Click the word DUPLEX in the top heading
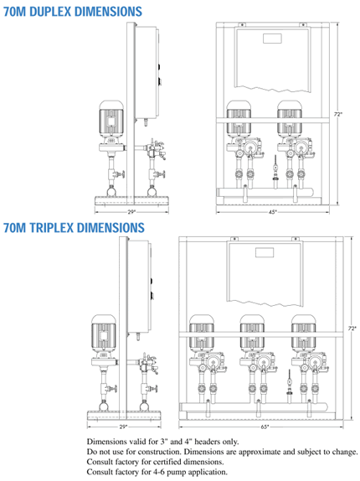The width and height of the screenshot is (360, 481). pyautogui.click(x=50, y=12)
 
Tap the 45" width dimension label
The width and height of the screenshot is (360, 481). pyautogui.click(x=272, y=212)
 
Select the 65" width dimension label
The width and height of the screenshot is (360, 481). pyautogui.click(x=265, y=427)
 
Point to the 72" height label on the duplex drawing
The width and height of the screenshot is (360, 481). pyautogui.click(x=338, y=114)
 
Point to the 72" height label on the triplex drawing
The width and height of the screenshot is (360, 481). pyautogui.click(x=352, y=328)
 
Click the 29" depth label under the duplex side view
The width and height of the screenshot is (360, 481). pyautogui.click(x=131, y=212)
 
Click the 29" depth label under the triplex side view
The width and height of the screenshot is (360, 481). pyautogui.click(x=123, y=427)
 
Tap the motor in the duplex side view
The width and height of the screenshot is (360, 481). pyautogui.click(x=111, y=119)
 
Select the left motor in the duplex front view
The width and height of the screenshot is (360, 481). pyautogui.click(x=239, y=119)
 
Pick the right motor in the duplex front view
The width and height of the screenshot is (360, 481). pyautogui.click(x=290, y=119)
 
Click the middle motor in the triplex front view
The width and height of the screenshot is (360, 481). pyautogui.click(x=252, y=334)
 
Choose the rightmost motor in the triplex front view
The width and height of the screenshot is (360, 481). pyautogui.click(x=303, y=334)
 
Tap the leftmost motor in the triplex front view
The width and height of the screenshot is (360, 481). pyautogui.click(x=201, y=334)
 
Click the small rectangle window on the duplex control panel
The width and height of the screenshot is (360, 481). pyautogui.click(x=272, y=39)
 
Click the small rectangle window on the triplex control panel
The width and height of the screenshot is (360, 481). pyautogui.click(x=265, y=252)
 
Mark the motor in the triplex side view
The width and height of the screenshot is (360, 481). pyautogui.click(x=104, y=334)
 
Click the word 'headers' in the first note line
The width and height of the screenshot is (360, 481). pyautogui.click(x=208, y=442)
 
